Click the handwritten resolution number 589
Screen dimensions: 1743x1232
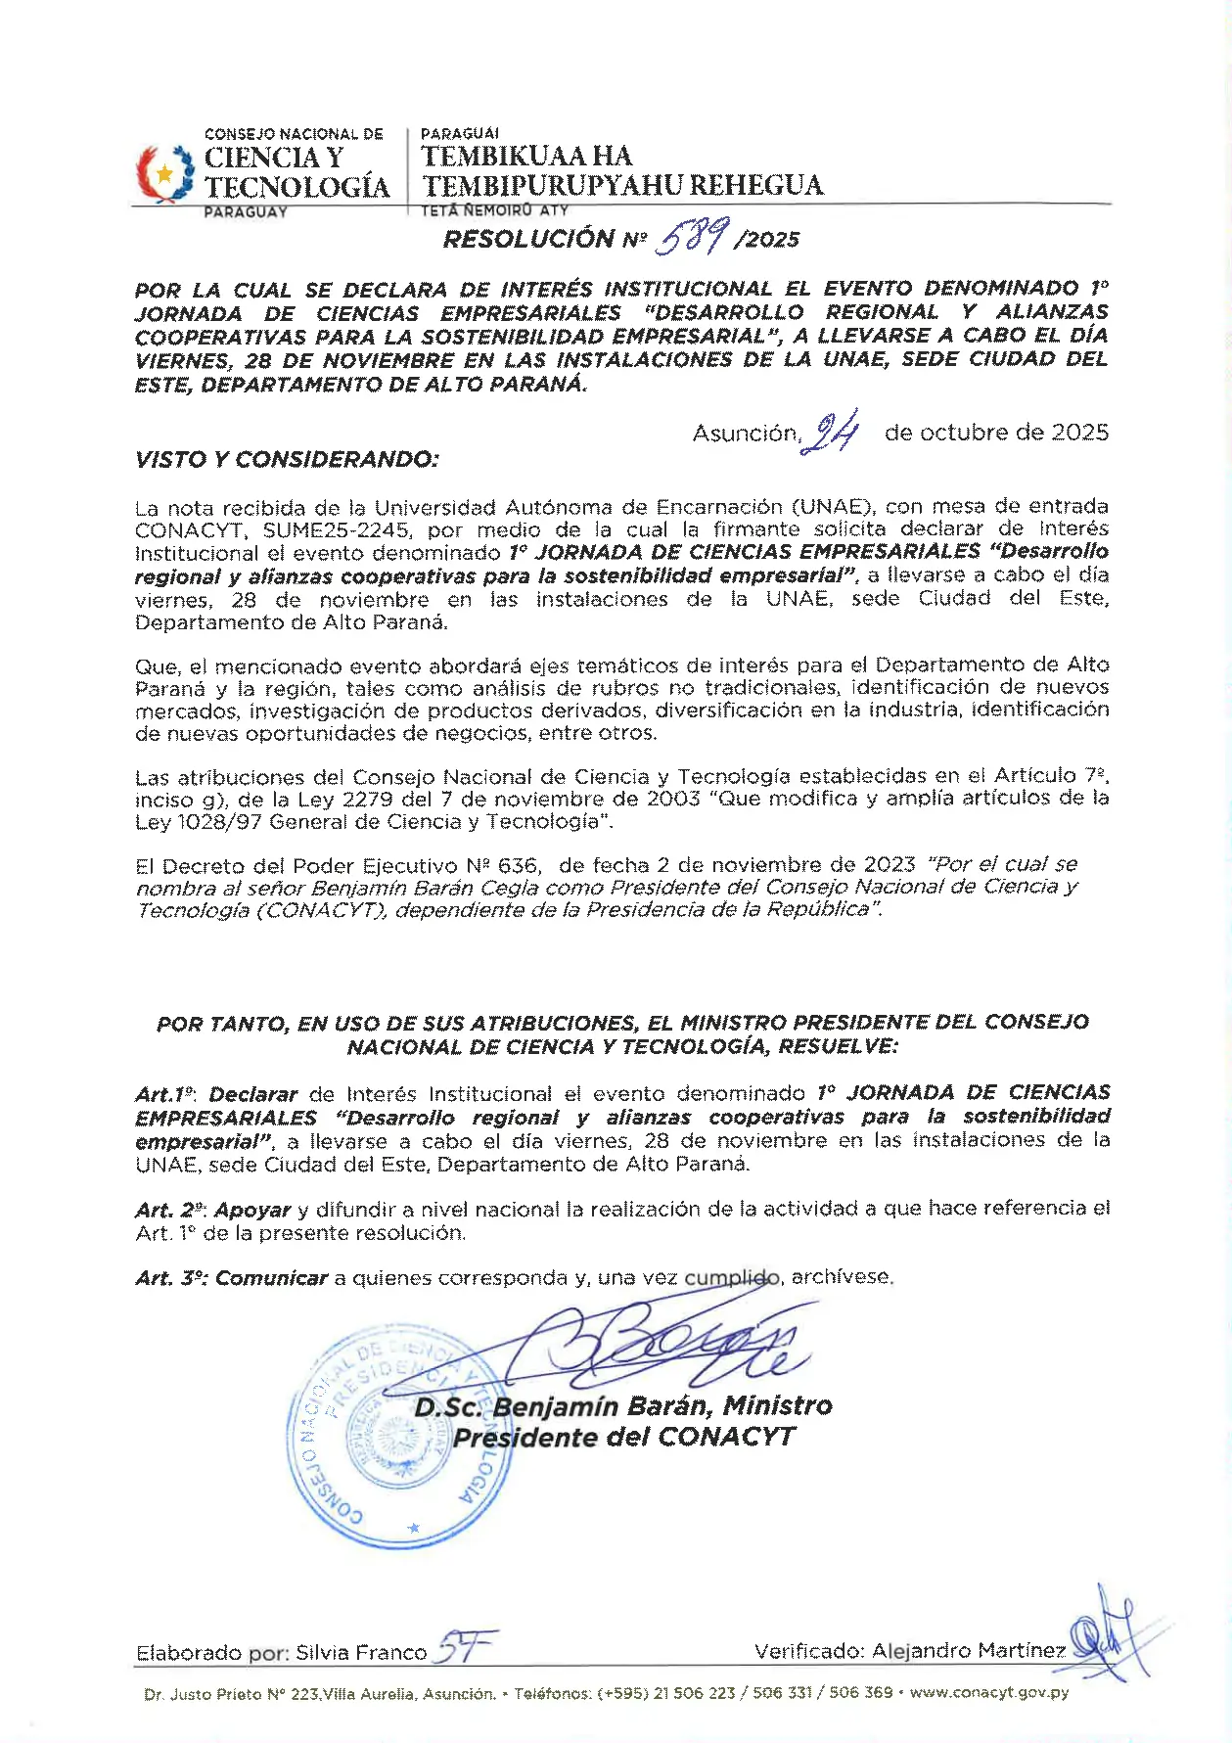point(693,236)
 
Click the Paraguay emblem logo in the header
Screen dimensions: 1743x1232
point(164,173)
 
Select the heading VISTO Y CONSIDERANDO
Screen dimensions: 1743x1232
point(287,459)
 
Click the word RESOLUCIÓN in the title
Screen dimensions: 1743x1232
point(528,240)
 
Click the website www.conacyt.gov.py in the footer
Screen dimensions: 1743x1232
point(989,1692)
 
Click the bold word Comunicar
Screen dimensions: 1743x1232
point(271,1278)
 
